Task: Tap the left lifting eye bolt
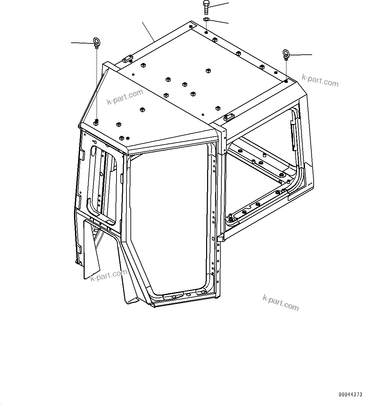pyautogui.click(x=96, y=42)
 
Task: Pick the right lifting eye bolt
pyautogui.click(x=286, y=54)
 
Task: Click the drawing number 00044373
pyautogui.click(x=350, y=394)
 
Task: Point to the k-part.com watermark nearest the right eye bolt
pyautogui.click(x=320, y=80)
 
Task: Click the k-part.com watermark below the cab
pyautogui.click(x=280, y=302)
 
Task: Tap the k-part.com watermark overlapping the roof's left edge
pyautogui.click(x=125, y=97)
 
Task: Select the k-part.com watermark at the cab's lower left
pyautogui.click(x=109, y=275)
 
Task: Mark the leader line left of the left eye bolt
pyautogui.click(x=81, y=43)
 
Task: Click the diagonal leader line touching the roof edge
pyautogui.click(x=148, y=31)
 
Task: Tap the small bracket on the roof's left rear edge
pyautogui.click(x=127, y=59)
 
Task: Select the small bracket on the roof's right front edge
pyautogui.click(x=229, y=117)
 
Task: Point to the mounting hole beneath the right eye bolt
pyautogui.click(x=286, y=81)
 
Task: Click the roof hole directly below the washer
pyautogui.click(x=206, y=32)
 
